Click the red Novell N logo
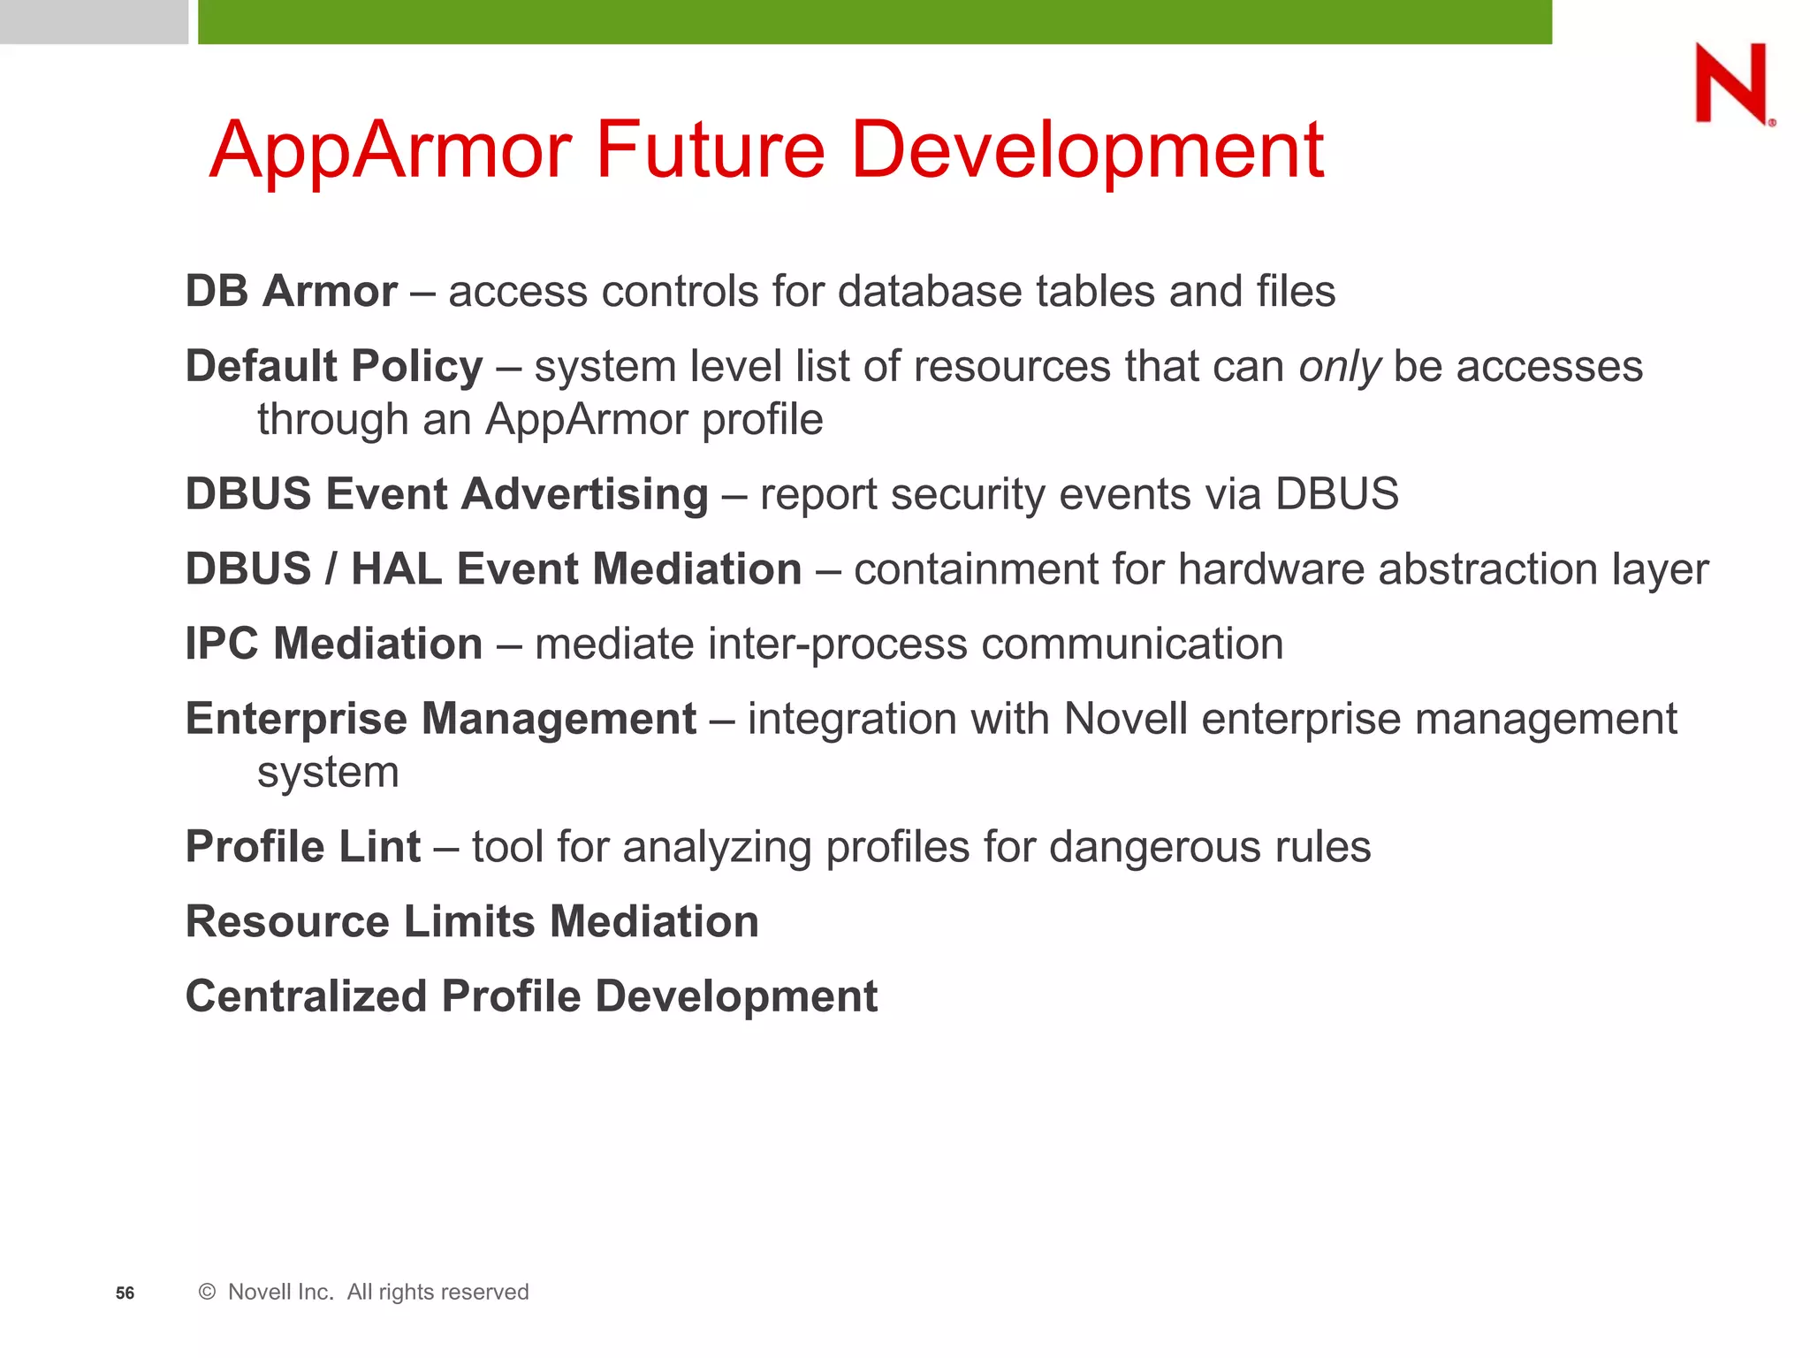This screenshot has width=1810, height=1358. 1732,84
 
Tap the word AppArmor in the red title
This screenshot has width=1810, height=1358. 391,150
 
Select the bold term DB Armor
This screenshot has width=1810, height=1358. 291,291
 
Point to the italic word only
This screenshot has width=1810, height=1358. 1339,367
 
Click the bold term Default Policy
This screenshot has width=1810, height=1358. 334,367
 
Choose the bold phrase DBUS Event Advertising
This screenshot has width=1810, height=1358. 446,493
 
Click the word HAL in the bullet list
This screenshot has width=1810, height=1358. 397,568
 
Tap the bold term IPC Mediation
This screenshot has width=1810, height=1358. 334,644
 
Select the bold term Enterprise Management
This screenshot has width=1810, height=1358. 441,718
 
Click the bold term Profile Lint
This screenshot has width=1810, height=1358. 302,846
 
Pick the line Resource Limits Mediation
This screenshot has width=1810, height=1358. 472,921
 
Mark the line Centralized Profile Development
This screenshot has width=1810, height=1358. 531,996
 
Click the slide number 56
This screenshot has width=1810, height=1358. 125,1293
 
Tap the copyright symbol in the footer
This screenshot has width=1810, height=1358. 207,1292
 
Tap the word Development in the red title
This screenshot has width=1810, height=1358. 1086,150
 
